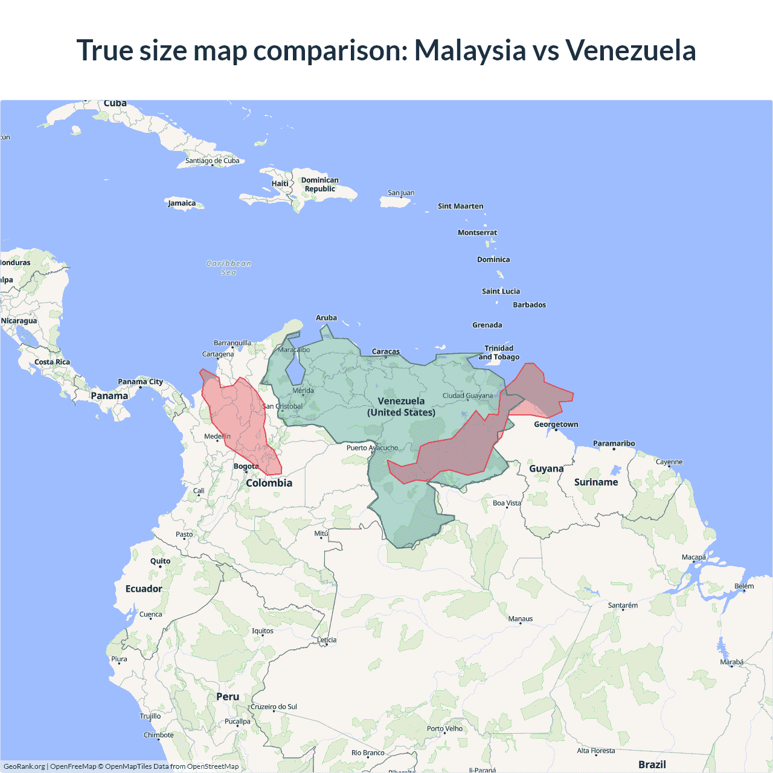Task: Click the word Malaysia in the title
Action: (470, 50)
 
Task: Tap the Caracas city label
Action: (385, 351)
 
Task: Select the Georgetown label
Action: (556, 425)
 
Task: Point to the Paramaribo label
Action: (614, 443)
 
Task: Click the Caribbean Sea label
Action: (229, 268)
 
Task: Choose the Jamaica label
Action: (182, 203)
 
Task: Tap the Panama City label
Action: (140, 382)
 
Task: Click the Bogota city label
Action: (246, 466)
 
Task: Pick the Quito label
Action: (160, 561)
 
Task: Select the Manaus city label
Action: (520, 618)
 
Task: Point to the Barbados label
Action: (529, 305)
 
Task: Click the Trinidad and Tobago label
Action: (499, 353)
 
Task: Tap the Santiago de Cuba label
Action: (212, 161)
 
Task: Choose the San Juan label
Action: (401, 193)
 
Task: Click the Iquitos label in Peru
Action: (262, 630)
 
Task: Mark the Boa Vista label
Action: (506, 503)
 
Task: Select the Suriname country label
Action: (596, 482)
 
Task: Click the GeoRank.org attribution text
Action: (24, 766)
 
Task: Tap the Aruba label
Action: (326, 318)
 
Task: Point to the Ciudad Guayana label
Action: (467, 396)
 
